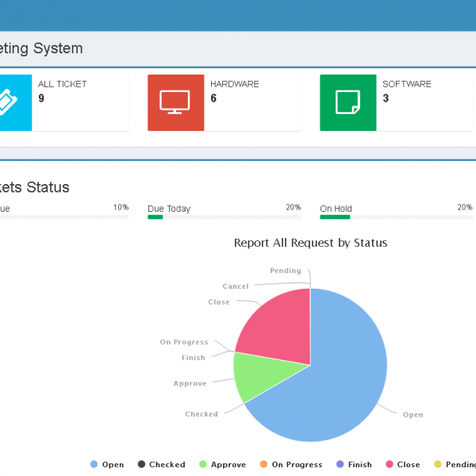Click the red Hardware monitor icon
tap(175, 102)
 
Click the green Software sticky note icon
tap(347, 102)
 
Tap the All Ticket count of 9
tap(41, 98)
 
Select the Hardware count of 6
tap(213, 98)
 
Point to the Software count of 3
tap(386, 98)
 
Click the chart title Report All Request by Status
tap(310, 243)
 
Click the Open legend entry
tap(107, 464)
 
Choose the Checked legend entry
tap(161, 464)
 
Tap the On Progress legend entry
tap(290, 464)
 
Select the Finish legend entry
tap(354, 464)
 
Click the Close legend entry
tap(403, 464)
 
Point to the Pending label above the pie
tap(285, 271)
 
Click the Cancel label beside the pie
tap(235, 286)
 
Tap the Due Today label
tap(169, 209)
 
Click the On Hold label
tap(336, 209)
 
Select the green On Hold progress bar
tap(335, 217)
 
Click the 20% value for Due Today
tap(293, 207)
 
